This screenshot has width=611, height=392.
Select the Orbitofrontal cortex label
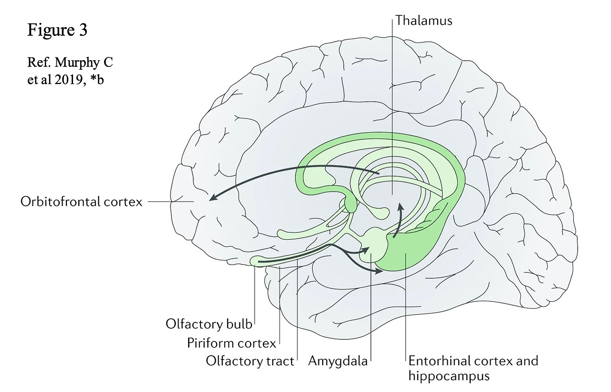(x=82, y=202)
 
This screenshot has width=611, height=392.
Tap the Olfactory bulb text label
(x=209, y=324)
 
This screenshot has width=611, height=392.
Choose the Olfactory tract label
(x=250, y=361)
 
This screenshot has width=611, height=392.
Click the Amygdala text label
(x=338, y=361)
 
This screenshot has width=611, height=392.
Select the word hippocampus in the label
(x=449, y=376)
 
